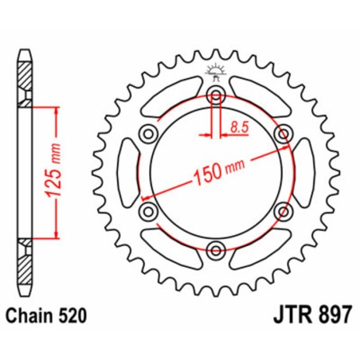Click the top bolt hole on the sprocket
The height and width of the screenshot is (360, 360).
pyautogui.click(x=214, y=96)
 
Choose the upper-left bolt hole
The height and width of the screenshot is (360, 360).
pyautogui.click(x=148, y=135)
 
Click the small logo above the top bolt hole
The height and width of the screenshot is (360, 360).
pyautogui.click(x=213, y=71)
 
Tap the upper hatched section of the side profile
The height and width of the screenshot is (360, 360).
pyautogui.click(x=26, y=80)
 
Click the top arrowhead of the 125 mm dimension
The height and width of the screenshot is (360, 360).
pyautogui.click(x=54, y=108)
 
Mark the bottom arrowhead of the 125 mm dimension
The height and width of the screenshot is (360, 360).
pyautogui.click(x=54, y=236)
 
